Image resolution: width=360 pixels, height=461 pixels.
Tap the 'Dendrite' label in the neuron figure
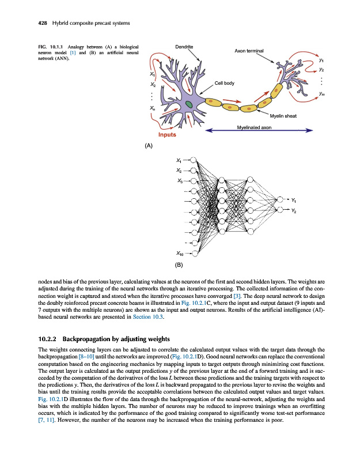183,46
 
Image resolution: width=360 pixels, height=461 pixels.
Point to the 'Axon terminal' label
249,51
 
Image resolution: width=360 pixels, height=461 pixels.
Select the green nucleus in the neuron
188,104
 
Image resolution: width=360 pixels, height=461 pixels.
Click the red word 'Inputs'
163,135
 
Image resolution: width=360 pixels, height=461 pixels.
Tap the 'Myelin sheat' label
283,116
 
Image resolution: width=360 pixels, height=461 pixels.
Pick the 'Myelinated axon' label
254,127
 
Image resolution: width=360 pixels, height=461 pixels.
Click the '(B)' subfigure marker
179,266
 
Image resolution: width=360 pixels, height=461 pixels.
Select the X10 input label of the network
180,252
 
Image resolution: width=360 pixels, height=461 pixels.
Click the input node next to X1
194,160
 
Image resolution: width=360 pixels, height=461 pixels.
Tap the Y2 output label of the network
294,211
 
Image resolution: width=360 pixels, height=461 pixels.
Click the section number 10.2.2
48,338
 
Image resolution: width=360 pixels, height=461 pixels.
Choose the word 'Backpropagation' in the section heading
85,338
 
